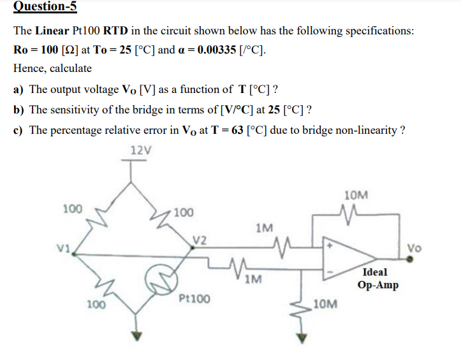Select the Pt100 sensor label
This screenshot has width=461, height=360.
(195, 298)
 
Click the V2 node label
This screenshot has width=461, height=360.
(200, 240)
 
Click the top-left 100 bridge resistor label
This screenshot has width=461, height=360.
(72, 208)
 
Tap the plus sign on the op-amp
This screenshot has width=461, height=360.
(331, 243)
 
